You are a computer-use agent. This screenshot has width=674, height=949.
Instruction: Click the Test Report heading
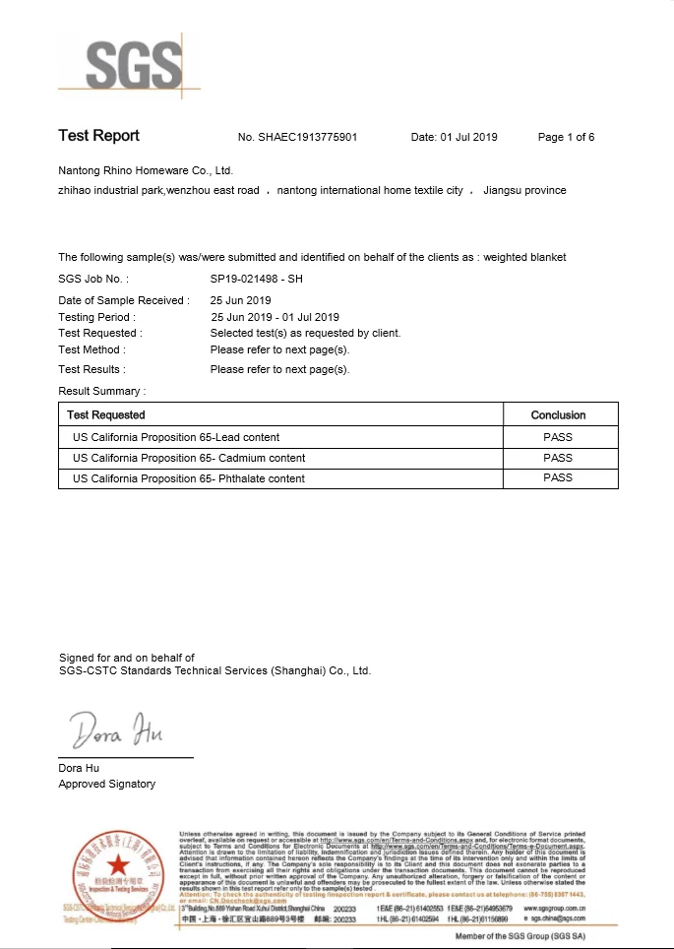click(98, 136)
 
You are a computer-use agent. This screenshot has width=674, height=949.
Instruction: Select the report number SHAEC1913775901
click(308, 137)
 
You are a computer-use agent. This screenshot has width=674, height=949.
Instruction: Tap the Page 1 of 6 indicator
click(566, 137)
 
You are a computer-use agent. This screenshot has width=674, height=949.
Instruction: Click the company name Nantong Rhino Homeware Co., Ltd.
click(145, 170)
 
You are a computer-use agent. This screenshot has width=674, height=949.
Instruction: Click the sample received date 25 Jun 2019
click(240, 300)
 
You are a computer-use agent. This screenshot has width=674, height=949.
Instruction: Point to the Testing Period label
click(96, 317)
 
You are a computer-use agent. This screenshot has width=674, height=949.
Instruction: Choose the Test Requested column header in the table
click(106, 415)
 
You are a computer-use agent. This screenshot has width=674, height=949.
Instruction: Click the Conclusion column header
click(558, 415)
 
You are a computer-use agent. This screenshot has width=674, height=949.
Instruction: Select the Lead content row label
click(176, 437)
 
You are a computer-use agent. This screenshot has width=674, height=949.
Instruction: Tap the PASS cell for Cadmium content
click(558, 458)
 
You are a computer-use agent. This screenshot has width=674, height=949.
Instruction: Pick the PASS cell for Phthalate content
click(558, 478)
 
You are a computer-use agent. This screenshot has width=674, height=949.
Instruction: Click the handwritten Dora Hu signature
click(116, 731)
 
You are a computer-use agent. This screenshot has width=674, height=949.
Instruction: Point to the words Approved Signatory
click(106, 784)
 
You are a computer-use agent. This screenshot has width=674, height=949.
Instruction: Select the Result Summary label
click(101, 391)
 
